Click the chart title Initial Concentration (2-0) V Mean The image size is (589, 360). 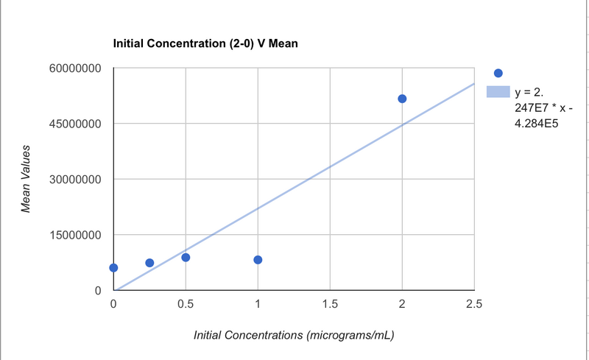[x=205, y=44]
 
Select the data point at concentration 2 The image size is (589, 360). [x=402, y=99]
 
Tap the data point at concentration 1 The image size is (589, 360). [x=258, y=260]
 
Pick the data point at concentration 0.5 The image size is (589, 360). [x=186, y=258]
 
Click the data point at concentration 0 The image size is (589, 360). [x=113, y=267]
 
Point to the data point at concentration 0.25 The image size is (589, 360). [x=149, y=263]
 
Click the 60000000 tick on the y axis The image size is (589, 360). [x=74, y=68]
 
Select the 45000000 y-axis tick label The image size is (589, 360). [x=74, y=124]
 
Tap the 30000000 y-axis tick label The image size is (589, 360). [x=74, y=180]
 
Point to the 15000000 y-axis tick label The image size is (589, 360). [x=74, y=236]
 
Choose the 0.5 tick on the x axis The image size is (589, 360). [x=186, y=304]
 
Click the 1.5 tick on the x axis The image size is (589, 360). [x=330, y=304]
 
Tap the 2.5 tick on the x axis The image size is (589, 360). [x=473, y=304]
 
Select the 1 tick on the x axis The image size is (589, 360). [x=258, y=304]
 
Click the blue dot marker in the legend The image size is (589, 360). [x=498, y=73]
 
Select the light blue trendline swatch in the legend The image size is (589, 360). [x=497, y=93]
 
